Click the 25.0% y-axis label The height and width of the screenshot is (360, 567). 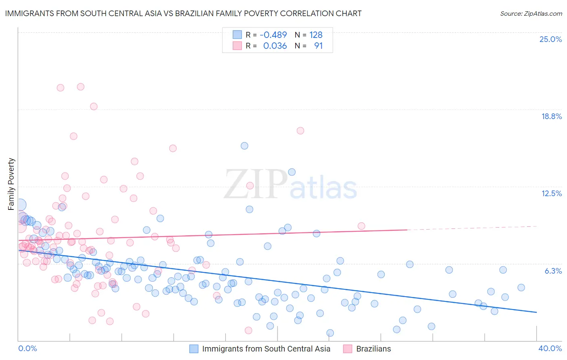coord(550,39)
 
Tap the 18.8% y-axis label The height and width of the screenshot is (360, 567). coord(551,116)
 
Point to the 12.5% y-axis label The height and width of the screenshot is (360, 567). coord(551,193)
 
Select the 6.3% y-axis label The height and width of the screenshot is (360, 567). coord(553,271)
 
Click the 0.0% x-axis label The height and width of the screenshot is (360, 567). coord(27,348)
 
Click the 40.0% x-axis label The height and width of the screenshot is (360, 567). coord(550,348)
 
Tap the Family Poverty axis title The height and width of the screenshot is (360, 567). coord(11,184)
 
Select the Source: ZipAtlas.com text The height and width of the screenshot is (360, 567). coord(531,13)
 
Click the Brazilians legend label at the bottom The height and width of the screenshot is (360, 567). coord(373,349)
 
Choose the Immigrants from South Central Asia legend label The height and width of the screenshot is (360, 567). coord(266,349)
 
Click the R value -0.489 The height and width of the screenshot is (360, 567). coord(273,35)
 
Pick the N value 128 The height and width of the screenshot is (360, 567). coord(316,35)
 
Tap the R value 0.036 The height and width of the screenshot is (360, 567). coord(275,46)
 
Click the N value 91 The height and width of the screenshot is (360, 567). coord(318,46)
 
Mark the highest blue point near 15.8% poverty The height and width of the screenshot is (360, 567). coord(244,146)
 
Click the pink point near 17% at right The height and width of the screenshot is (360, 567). coord(300,130)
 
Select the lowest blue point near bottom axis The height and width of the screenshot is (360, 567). coord(330,333)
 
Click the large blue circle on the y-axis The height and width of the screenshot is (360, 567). coord(19,205)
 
